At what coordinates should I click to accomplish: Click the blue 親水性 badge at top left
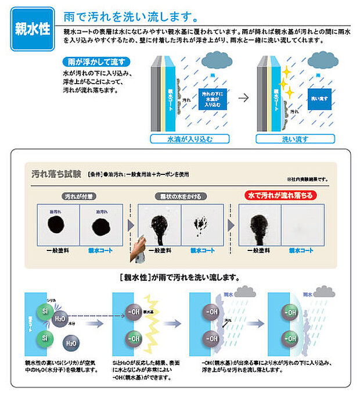[32, 30]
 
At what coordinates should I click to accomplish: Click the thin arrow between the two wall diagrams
[243, 98]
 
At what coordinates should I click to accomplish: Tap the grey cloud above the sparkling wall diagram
[322, 59]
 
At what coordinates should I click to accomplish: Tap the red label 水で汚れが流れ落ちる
[279, 196]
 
